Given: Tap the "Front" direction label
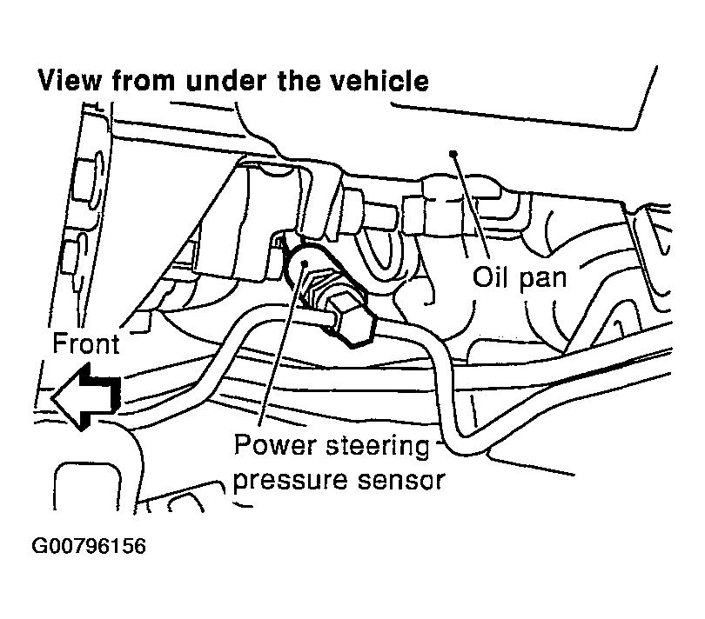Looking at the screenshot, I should click(84, 343).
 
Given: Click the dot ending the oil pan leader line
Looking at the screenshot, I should click(453, 153).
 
